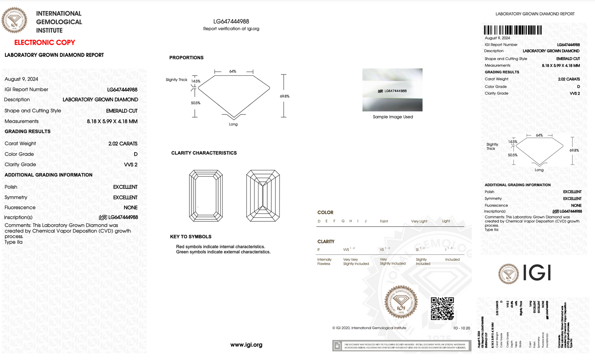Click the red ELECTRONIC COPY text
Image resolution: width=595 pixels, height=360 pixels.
click(44, 42)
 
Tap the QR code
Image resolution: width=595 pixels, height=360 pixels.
click(442, 309)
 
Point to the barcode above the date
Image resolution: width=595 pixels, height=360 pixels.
click(513, 30)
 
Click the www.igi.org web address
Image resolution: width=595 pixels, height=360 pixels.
click(246, 345)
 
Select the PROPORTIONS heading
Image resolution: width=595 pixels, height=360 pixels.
click(186, 58)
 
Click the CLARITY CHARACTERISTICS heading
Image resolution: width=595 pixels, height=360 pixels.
click(204, 153)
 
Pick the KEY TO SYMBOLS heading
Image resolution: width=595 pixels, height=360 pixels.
click(191, 237)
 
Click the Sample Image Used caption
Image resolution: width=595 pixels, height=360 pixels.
click(393, 117)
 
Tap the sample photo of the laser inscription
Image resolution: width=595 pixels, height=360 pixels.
click(392, 90)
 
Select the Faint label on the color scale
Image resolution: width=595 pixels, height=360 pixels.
click(384, 221)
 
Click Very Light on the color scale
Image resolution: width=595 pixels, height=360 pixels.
click(419, 221)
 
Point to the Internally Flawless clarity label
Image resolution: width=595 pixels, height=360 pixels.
click(324, 262)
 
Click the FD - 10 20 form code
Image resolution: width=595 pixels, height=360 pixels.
click(462, 328)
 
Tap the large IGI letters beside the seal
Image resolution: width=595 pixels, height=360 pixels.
click(537, 273)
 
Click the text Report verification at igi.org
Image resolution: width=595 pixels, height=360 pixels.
click(231, 29)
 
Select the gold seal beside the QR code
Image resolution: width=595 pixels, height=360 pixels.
click(401, 302)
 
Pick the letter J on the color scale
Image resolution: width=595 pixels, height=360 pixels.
click(365, 221)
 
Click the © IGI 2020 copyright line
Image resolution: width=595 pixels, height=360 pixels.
click(369, 328)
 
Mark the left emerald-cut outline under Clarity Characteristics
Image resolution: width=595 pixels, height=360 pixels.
click(206, 196)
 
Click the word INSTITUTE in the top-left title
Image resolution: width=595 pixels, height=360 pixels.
click(49, 30)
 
